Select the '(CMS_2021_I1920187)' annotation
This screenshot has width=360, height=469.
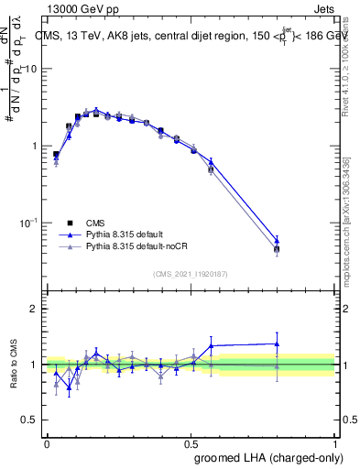(x=191, y=274)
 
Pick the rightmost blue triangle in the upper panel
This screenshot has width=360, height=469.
(x=277, y=239)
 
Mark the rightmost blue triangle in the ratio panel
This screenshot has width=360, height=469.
(x=277, y=344)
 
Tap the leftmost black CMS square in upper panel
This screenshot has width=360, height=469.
(x=56, y=155)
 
